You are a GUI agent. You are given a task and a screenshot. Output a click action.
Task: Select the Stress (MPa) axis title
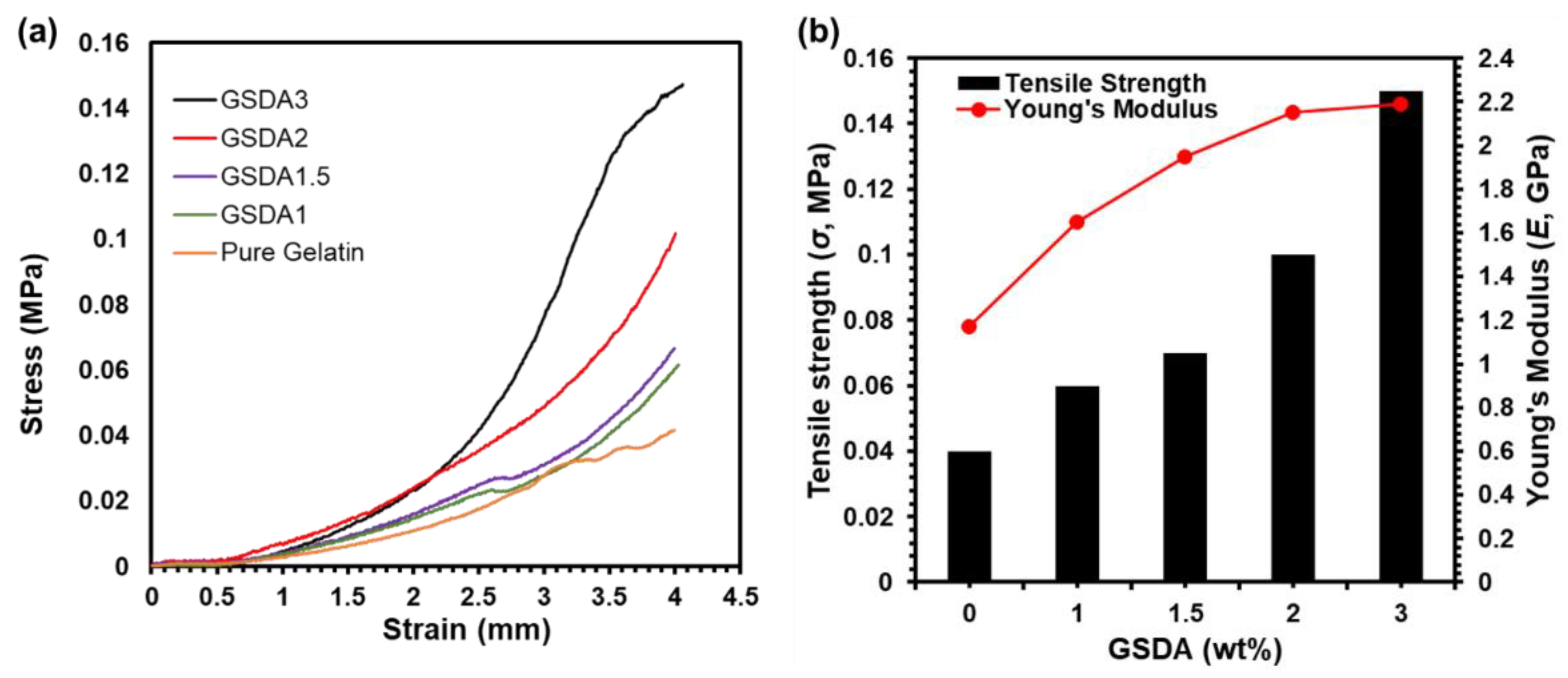pos(33,344)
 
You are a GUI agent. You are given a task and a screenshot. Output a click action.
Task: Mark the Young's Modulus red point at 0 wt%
pos(969,327)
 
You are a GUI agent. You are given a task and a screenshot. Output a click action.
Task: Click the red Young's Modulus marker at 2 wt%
pos(1293,113)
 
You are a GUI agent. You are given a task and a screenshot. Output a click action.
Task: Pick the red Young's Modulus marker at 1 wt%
pos(1077,222)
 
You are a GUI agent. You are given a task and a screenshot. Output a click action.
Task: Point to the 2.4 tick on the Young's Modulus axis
pos(1496,59)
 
